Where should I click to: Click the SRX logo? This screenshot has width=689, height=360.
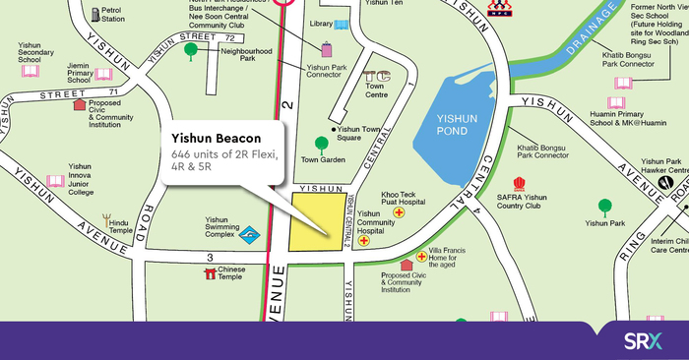tap(642, 341)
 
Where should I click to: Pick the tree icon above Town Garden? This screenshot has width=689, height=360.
tap(320, 143)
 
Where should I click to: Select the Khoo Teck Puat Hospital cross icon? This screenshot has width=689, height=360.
tap(399, 212)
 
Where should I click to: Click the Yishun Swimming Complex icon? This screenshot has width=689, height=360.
tap(252, 233)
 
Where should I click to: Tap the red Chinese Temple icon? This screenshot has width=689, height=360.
tap(209, 272)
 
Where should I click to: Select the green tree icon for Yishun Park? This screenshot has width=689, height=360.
tap(605, 207)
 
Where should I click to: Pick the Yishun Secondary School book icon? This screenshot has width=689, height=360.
tap(30, 71)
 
